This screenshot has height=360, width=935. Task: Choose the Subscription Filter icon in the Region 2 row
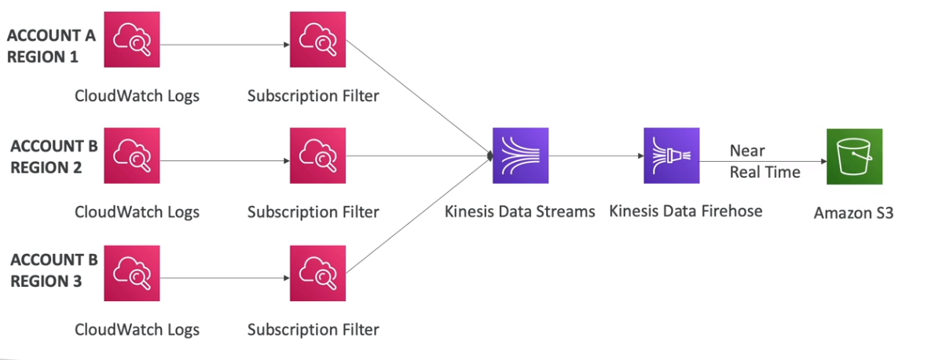click(317, 156)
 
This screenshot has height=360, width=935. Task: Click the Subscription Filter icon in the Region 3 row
click(317, 273)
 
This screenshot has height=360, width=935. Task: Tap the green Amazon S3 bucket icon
click(854, 156)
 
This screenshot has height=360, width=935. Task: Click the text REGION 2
click(47, 167)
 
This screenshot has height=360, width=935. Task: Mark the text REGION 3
click(47, 281)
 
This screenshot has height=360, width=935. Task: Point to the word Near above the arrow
click(747, 150)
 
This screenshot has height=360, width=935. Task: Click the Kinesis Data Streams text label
click(519, 211)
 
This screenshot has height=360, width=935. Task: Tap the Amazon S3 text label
click(853, 213)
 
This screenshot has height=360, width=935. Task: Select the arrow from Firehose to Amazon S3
click(762, 161)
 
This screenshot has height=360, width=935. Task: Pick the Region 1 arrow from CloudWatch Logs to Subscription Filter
click(224, 46)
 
